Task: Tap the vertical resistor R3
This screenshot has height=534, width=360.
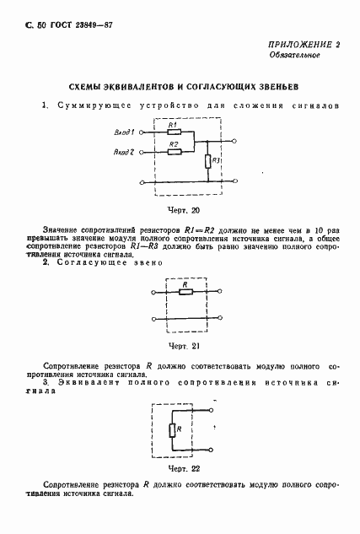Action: tap(207, 161)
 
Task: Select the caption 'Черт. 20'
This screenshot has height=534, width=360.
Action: tap(184, 209)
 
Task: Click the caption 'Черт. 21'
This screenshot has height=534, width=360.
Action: tap(184, 346)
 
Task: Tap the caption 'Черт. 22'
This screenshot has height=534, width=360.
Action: tap(184, 468)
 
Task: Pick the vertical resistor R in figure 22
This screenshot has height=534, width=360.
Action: tap(171, 431)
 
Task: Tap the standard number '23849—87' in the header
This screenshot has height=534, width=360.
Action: tap(92, 26)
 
